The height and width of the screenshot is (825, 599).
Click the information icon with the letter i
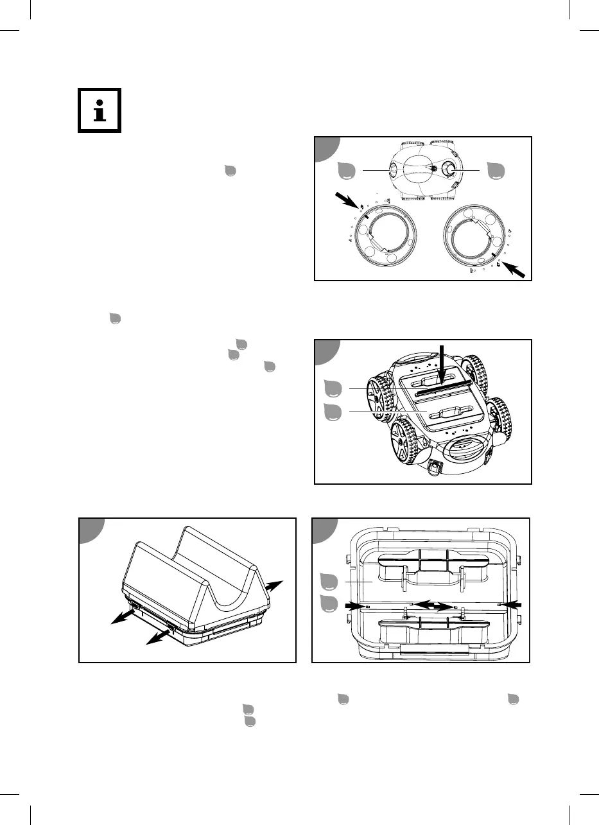coord(100,111)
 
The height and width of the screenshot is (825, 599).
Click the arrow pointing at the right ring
coord(519,269)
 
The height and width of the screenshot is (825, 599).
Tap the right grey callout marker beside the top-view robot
coord(496,170)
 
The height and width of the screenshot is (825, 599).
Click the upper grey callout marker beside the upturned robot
coord(332,388)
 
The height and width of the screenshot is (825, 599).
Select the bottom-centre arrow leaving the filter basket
coord(158,636)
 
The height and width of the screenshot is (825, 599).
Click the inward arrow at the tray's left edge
coord(356,605)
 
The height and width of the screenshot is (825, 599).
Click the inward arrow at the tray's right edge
coord(511,605)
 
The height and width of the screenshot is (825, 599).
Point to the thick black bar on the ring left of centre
coord(364,218)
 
